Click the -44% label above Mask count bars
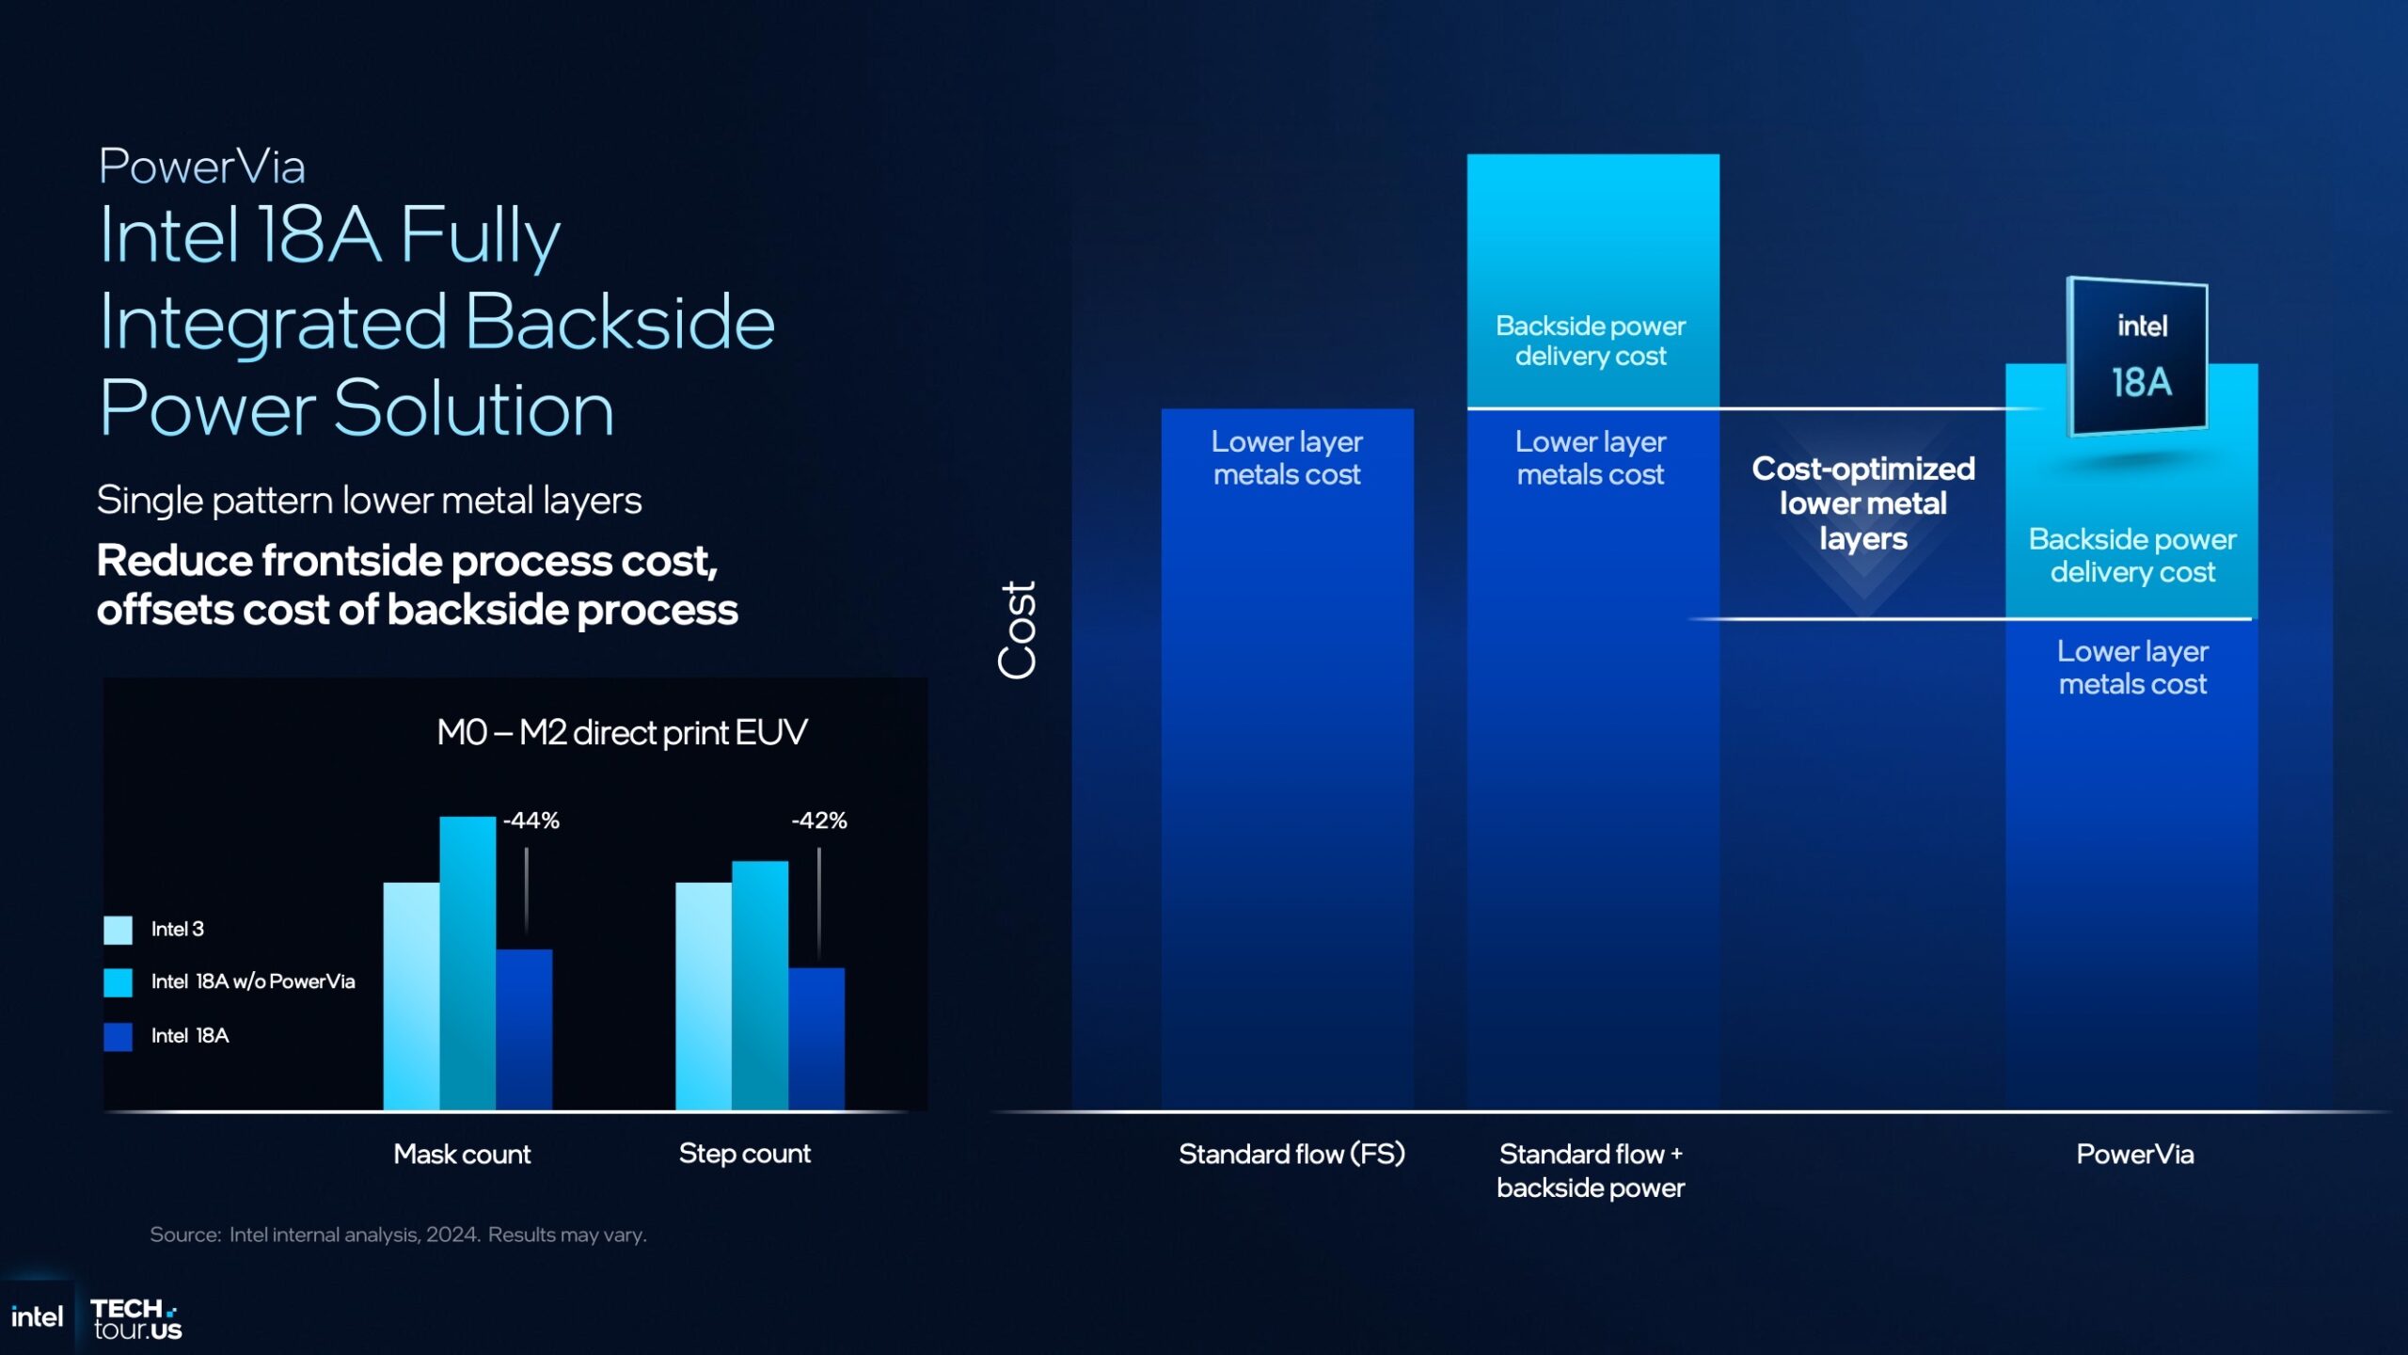click(x=531, y=821)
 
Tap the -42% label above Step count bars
click(x=819, y=821)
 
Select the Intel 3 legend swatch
click(x=119, y=930)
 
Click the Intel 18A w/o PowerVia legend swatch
click(x=119, y=982)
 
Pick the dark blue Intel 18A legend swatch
click(x=119, y=1036)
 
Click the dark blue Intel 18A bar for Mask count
click(x=524, y=1029)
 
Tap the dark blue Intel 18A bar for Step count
click(x=816, y=1039)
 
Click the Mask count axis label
click(x=462, y=1155)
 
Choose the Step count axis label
click(x=744, y=1154)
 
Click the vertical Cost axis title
click(x=1018, y=630)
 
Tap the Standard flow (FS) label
click(x=1291, y=1155)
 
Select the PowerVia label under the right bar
click(x=2134, y=1155)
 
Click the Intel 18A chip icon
click(x=2138, y=357)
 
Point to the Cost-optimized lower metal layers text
click(x=1862, y=503)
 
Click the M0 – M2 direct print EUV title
click(x=622, y=732)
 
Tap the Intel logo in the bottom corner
click(x=37, y=1317)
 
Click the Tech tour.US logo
click(x=136, y=1319)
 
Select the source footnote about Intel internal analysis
click(x=398, y=1235)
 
